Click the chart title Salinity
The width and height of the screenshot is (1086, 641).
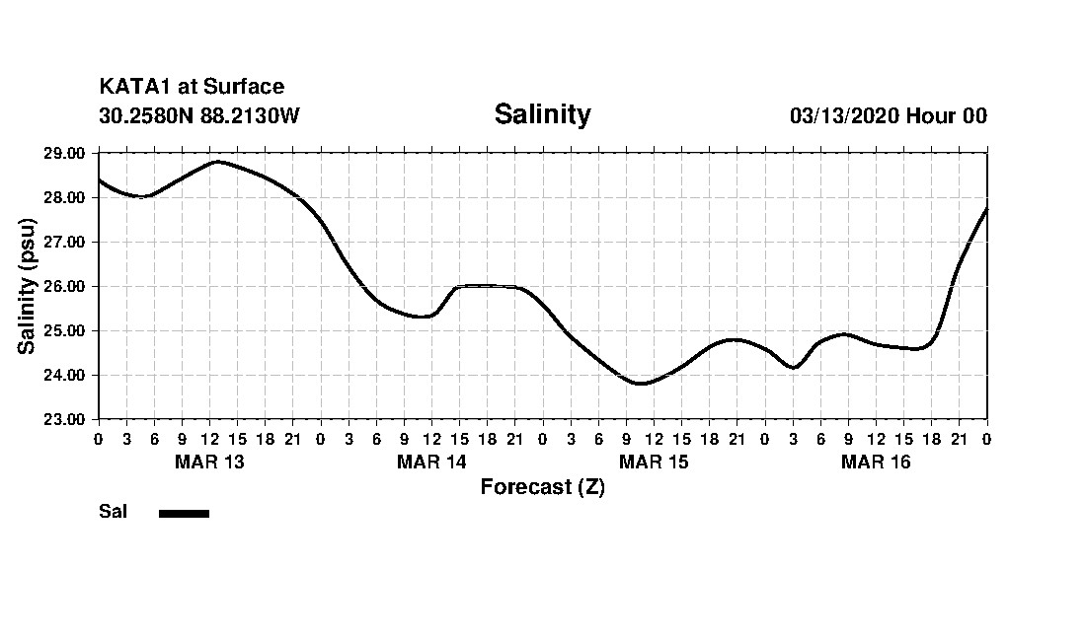(x=542, y=114)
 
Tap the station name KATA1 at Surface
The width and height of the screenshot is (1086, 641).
(x=192, y=88)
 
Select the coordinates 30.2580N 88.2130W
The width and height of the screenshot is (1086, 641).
(x=198, y=115)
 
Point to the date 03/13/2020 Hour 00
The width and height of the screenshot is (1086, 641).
(x=888, y=115)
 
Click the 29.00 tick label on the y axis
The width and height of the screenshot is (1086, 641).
(x=65, y=153)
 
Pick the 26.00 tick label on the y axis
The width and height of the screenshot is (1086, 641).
(x=65, y=286)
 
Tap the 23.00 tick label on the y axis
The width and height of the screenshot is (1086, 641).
(x=65, y=419)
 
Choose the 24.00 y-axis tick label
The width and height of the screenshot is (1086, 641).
(x=65, y=375)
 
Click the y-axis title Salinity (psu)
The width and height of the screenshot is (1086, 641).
(x=27, y=286)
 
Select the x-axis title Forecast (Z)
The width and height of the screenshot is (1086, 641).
(x=542, y=487)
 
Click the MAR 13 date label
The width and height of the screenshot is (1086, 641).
(x=209, y=462)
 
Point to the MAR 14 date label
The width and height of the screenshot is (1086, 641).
(x=431, y=462)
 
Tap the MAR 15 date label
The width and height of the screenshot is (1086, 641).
(x=654, y=462)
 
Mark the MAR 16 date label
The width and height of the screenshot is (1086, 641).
(x=876, y=462)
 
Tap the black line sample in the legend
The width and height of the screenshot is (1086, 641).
(x=184, y=513)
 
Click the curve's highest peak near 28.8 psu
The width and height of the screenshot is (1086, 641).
(x=217, y=161)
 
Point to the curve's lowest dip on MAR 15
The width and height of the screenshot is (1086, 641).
(x=641, y=383)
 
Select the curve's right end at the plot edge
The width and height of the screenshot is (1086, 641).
(x=986, y=209)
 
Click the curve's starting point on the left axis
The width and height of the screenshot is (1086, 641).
(x=99, y=179)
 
